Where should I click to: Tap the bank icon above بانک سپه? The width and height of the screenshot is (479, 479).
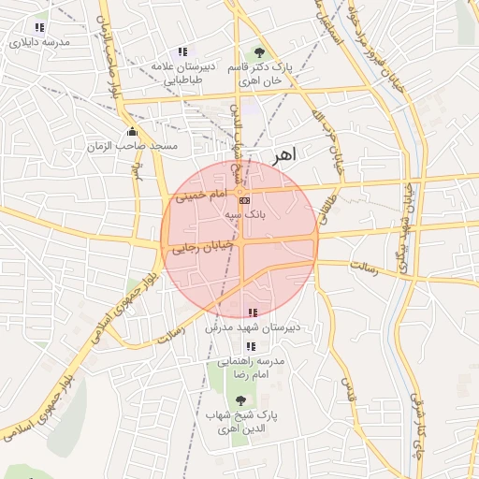point(244,200)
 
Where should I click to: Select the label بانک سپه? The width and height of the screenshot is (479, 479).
point(244,214)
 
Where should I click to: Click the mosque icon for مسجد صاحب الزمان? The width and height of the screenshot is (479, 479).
point(132,132)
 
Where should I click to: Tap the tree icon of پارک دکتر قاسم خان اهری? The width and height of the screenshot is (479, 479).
point(259,52)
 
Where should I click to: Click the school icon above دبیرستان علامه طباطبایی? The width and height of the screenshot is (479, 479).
point(181,52)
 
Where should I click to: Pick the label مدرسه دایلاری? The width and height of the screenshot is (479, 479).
point(36,42)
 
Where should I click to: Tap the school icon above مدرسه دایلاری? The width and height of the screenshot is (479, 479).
point(38,27)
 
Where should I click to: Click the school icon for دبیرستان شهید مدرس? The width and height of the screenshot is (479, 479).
point(251,312)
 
